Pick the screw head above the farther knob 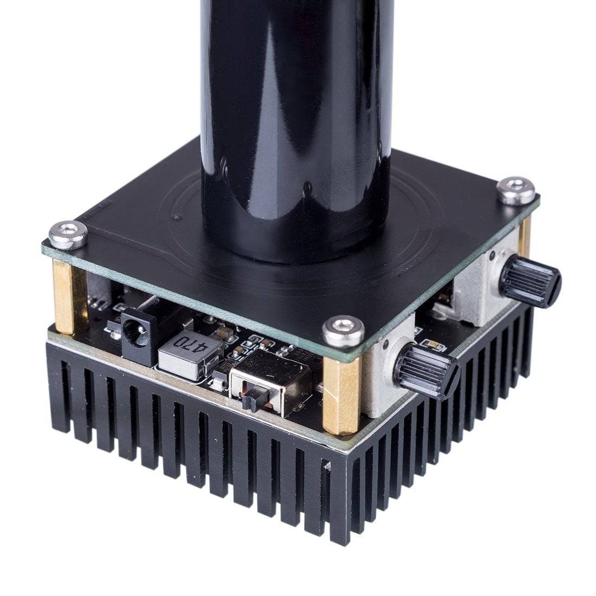[517, 190]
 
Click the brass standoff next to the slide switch [341, 396]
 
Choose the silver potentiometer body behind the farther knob [477, 287]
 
